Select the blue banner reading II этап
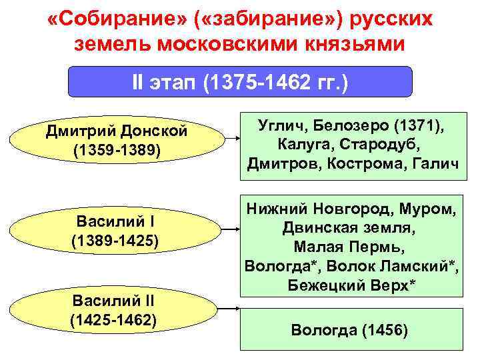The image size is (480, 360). click(241, 83)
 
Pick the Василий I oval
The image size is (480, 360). click(115, 230)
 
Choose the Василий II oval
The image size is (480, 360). click(114, 311)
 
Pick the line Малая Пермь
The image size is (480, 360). click(351, 247)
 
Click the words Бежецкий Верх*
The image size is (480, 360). click(351, 285)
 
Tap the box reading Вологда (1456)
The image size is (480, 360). click(351, 330)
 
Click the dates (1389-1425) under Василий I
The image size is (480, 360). click(115, 239)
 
